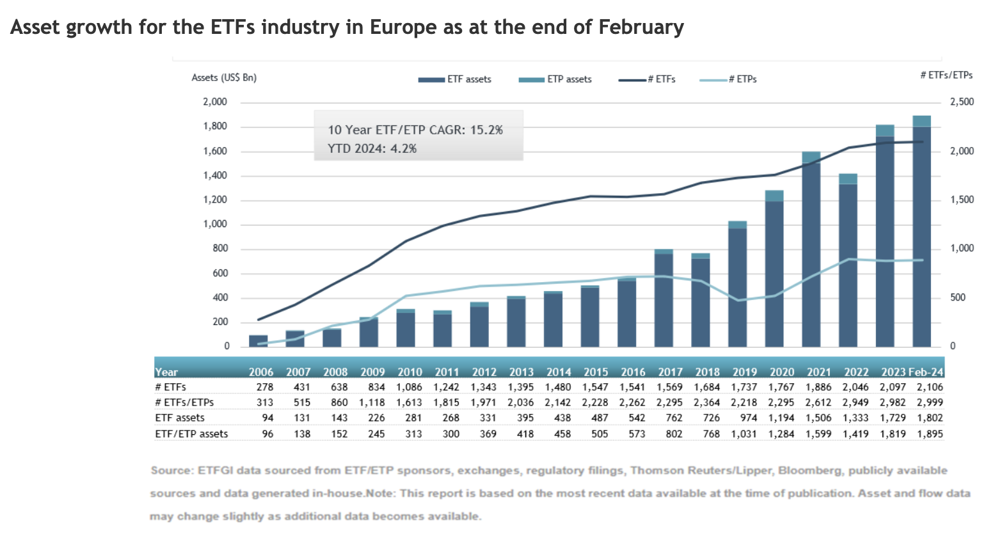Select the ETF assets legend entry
coord(455,79)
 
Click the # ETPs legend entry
coord(729,79)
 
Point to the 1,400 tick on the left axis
coord(215,176)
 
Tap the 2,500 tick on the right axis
coord(962,102)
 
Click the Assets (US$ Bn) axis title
coord(224,77)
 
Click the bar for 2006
coord(259,340)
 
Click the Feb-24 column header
coord(926,372)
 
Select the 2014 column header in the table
coord(559,372)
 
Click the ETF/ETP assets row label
coord(191,434)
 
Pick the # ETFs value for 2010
coord(410,387)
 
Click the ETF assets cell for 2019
coord(745,418)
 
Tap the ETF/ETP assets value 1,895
coord(930,434)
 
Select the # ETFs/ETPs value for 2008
coord(339,402)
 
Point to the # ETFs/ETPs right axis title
coord(946,75)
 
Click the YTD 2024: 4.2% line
coord(372,148)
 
